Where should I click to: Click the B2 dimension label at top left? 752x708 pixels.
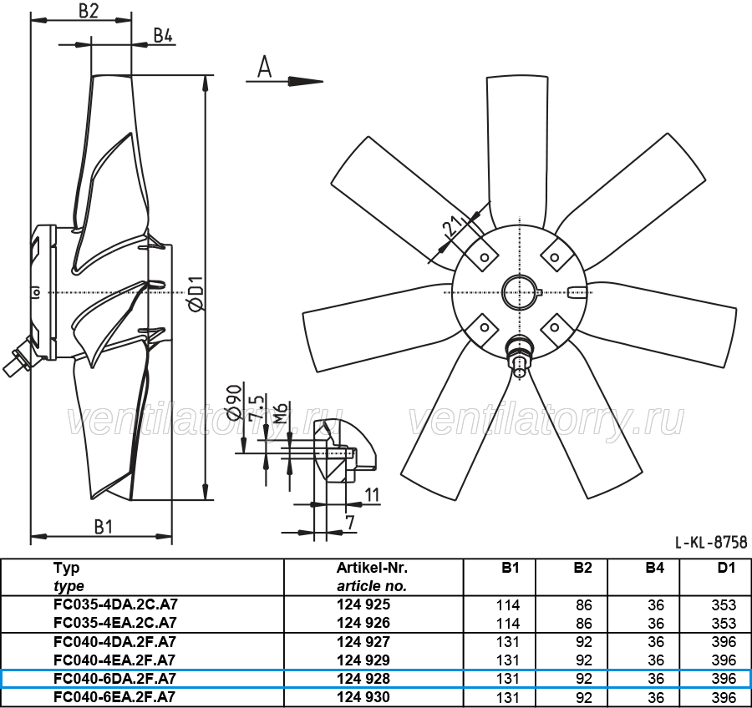click(89, 11)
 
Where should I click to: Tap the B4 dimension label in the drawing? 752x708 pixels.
click(163, 35)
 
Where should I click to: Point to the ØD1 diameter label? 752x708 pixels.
click(196, 293)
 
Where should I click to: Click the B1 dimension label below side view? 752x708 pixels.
click(103, 527)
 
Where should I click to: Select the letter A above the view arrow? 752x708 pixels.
click(264, 67)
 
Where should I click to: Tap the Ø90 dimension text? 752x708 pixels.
click(234, 402)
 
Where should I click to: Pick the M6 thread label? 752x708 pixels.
click(281, 412)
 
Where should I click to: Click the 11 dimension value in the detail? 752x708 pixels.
click(372, 495)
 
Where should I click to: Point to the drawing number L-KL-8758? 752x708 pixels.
click(711, 542)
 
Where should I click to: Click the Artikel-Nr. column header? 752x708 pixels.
click(372, 568)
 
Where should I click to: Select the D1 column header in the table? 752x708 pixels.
click(726, 568)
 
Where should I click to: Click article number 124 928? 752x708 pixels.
click(363, 678)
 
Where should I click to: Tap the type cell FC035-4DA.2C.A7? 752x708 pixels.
click(115, 604)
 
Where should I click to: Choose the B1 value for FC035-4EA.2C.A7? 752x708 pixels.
click(508, 623)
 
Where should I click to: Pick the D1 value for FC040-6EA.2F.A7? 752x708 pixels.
click(724, 697)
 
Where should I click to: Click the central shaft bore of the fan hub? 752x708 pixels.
click(520, 292)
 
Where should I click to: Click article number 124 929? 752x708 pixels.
click(363, 660)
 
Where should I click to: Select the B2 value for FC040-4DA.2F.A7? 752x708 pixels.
click(584, 642)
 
